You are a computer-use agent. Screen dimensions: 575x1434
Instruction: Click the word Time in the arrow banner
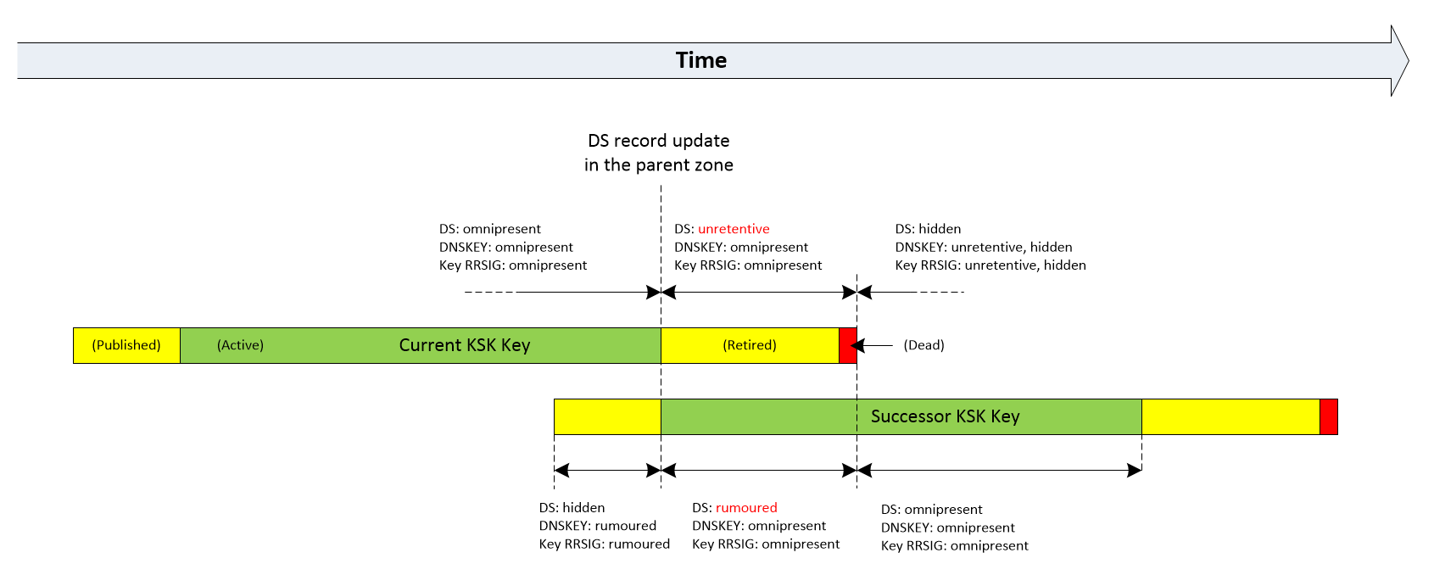[x=700, y=60]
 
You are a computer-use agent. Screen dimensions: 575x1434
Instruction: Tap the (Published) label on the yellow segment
[x=126, y=345]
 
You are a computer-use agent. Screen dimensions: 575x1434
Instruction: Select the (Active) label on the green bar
[x=240, y=345]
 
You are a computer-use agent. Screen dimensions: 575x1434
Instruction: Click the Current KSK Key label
[x=464, y=345]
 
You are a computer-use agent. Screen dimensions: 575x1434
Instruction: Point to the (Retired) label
[x=750, y=345]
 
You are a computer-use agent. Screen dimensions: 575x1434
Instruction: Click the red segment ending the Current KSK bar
[x=847, y=345]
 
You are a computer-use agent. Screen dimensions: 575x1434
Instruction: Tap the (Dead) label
[x=923, y=345]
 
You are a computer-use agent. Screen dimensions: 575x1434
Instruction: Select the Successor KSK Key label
[x=945, y=416]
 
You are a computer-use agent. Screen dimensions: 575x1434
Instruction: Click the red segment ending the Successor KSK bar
[x=1328, y=416]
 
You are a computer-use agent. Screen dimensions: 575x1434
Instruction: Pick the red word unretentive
[x=734, y=229]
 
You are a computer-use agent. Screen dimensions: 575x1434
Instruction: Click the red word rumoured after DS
[x=746, y=508]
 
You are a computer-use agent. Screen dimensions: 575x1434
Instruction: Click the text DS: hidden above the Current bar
[x=928, y=229]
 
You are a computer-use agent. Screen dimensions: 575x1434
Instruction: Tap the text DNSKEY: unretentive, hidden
[x=984, y=248]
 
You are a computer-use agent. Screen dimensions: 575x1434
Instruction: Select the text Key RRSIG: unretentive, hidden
[x=990, y=265]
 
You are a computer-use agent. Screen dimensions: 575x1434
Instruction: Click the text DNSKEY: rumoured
[x=597, y=526]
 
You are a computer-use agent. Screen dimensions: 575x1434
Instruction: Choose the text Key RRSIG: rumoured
[x=604, y=544]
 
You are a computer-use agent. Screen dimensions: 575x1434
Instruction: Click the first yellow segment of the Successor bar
[x=607, y=416]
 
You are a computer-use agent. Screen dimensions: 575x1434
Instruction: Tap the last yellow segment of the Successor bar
[x=1230, y=416]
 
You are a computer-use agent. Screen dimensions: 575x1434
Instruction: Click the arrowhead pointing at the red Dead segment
[x=858, y=345]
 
